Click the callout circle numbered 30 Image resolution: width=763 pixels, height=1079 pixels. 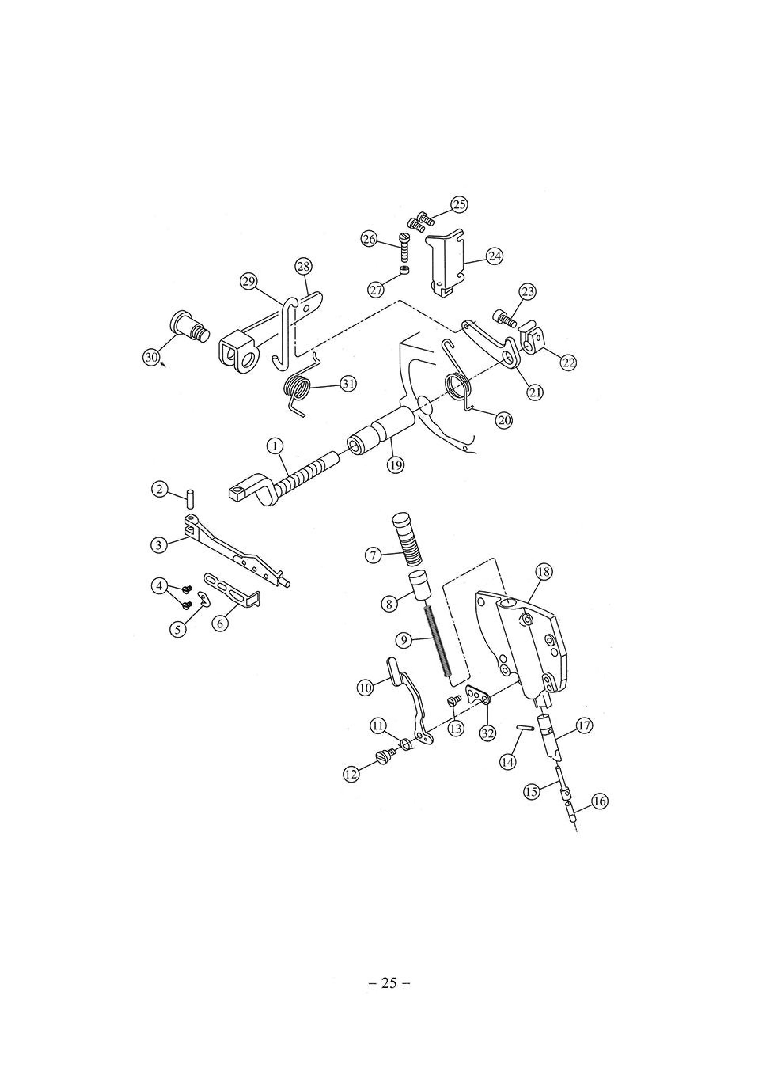(x=150, y=358)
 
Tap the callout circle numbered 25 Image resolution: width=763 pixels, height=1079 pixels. (x=459, y=205)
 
